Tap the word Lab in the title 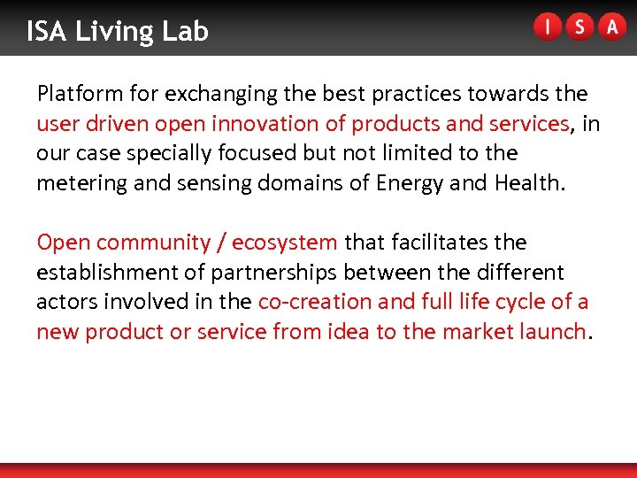(x=185, y=32)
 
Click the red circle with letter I (x=547, y=27)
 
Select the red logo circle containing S (x=579, y=27)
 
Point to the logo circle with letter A (x=611, y=27)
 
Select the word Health (x=530, y=183)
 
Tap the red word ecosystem (x=284, y=243)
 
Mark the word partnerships (x=280, y=273)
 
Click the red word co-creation (x=314, y=302)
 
